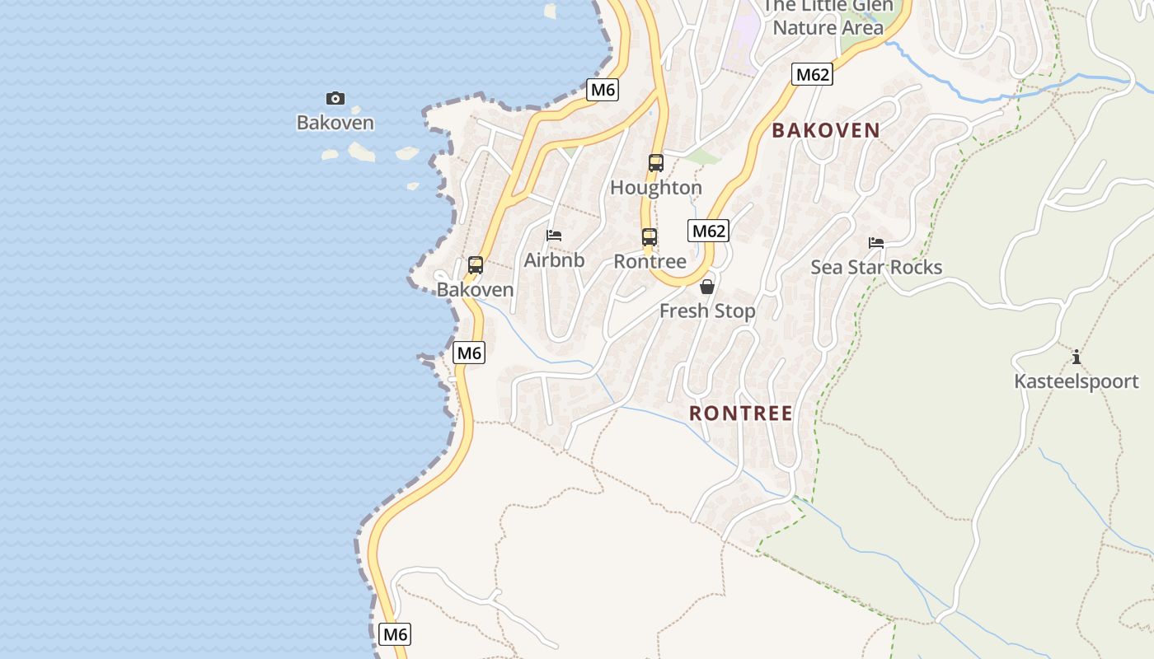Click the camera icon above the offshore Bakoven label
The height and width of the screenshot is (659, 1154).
coord(335,99)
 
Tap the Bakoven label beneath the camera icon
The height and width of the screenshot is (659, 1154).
coord(335,124)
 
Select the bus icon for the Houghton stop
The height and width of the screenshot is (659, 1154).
coord(656,163)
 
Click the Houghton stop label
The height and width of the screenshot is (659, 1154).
coord(656,188)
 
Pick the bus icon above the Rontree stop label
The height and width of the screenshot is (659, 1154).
coord(650,237)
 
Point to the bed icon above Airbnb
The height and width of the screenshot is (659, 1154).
coord(554,236)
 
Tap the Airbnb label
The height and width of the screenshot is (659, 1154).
coord(554,260)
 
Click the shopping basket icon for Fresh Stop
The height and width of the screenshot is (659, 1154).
coord(707,287)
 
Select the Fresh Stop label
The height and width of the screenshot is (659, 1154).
coord(707,311)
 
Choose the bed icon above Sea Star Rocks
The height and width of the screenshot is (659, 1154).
coord(876,243)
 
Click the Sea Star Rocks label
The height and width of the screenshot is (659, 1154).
coord(876,267)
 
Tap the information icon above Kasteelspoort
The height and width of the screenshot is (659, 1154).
coord(1076,358)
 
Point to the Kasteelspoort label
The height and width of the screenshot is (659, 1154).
coord(1076,382)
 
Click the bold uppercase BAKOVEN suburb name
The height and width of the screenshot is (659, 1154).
coord(826,130)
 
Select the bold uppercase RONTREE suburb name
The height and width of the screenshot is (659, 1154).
coord(740,414)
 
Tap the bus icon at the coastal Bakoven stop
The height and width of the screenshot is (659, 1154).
coord(476,265)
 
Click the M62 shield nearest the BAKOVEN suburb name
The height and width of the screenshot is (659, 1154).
coord(812,75)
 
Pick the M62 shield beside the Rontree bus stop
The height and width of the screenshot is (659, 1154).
coord(708,231)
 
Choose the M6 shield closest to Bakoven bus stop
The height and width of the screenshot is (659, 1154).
coord(469,353)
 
